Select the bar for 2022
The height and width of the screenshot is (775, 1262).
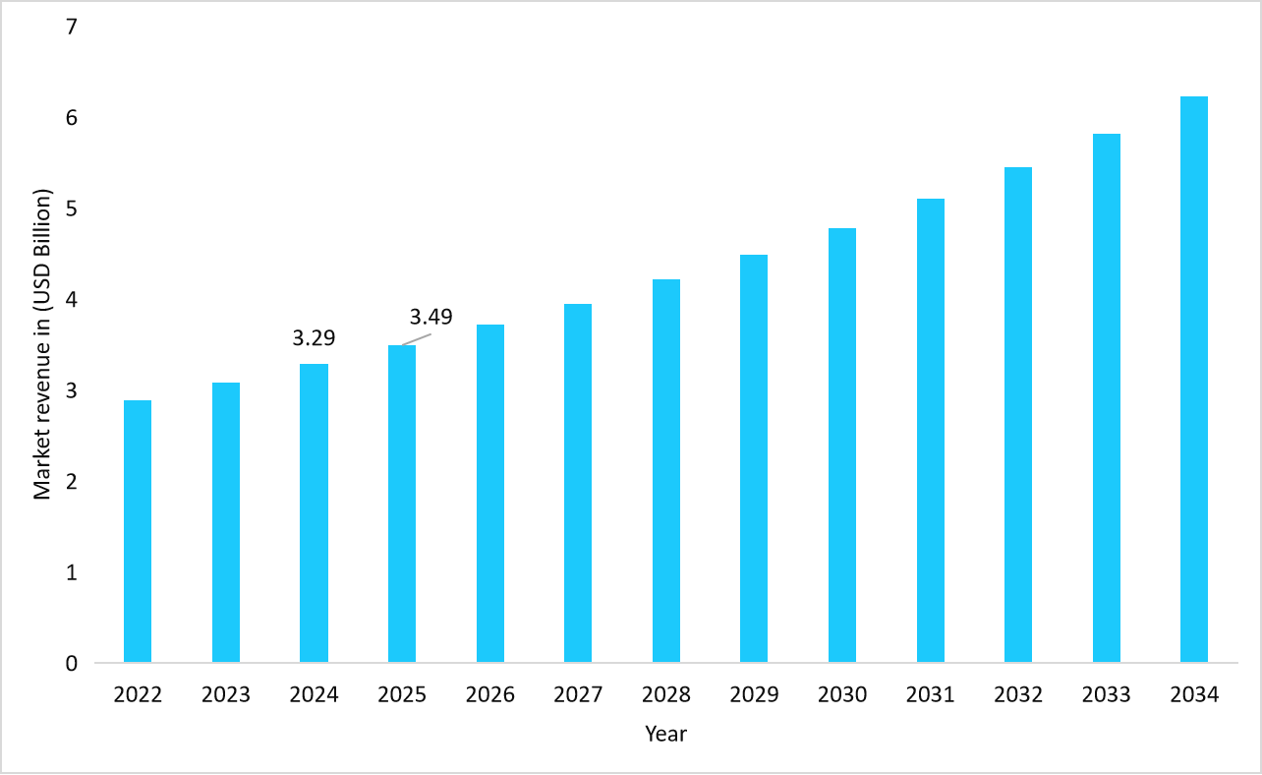[138, 531]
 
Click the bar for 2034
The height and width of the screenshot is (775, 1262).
[1194, 379]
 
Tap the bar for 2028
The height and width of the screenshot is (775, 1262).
[666, 470]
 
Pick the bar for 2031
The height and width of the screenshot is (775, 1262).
[931, 430]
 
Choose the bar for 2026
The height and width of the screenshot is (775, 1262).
[490, 493]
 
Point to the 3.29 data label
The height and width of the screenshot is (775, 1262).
[315, 338]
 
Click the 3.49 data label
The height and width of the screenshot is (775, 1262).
[430, 317]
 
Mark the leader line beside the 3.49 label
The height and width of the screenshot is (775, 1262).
[418, 339]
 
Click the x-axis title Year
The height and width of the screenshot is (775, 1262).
[665, 734]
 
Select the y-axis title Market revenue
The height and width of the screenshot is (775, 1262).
[42, 342]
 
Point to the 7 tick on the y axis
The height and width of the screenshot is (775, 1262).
[71, 27]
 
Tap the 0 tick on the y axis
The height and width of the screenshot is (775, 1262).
[71, 663]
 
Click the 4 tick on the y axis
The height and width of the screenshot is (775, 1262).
[71, 299]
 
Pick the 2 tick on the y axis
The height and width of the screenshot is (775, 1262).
[71, 481]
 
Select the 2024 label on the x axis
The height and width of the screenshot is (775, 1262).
[314, 695]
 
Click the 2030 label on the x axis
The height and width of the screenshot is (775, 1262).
[842, 695]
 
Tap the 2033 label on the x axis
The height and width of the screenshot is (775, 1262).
[1107, 695]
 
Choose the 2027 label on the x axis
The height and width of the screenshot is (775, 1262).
[578, 695]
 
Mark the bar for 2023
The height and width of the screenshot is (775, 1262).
[226, 522]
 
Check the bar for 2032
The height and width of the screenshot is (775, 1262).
[1018, 414]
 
